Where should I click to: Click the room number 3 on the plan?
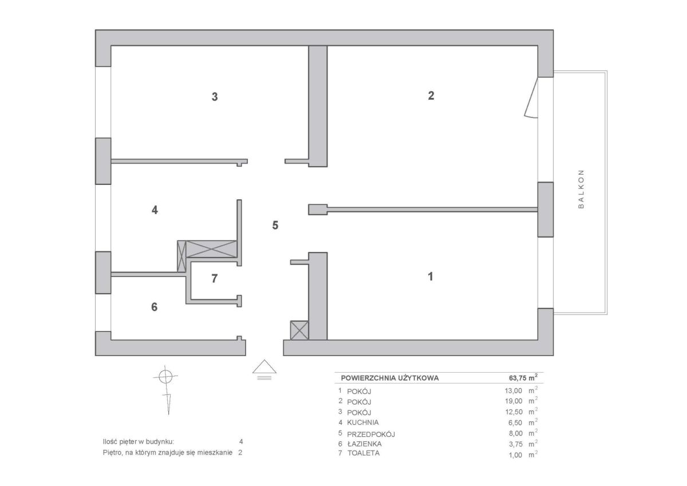(215, 97)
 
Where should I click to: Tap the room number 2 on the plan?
(431, 96)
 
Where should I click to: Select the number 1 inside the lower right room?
(431, 276)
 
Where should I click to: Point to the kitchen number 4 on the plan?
(155, 210)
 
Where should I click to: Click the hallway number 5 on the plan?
(275, 226)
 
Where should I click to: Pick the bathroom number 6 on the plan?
(154, 307)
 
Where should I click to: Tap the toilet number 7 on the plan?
(215, 278)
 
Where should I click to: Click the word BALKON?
(581, 189)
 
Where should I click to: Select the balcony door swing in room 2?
(531, 97)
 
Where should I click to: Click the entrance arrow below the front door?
(264, 370)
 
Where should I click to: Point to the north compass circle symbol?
(165, 377)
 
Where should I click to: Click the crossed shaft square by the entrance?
(299, 330)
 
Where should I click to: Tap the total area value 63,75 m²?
(523, 378)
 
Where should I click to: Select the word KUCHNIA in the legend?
(363, 422)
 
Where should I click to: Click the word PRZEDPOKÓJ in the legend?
(371, 434)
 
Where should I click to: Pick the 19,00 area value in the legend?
(514, 401)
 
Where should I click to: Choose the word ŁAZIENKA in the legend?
(364, 444)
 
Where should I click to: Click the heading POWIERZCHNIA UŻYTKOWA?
(390, 378)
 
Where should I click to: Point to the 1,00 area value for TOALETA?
(516, 455)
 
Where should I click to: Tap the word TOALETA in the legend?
(364, 453)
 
